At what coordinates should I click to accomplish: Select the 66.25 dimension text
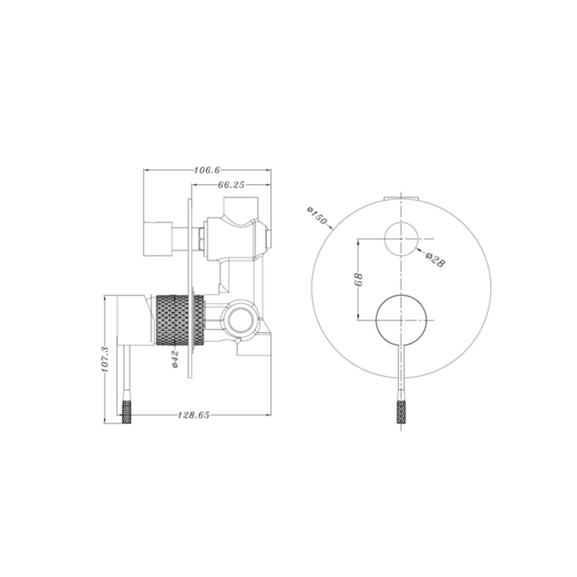[x=231, y=184]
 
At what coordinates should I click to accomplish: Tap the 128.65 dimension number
[x=194, y=415]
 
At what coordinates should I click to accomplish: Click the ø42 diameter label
[x=175, y=359]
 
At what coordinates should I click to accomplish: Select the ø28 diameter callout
[x=435, y=259]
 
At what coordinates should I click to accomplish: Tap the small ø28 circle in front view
[x=401, y=239]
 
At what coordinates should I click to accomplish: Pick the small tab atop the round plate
[x=401, y=198]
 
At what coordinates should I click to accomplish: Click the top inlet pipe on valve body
[x=241, y=207]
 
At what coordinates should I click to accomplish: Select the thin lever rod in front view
[x=401, y=372]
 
